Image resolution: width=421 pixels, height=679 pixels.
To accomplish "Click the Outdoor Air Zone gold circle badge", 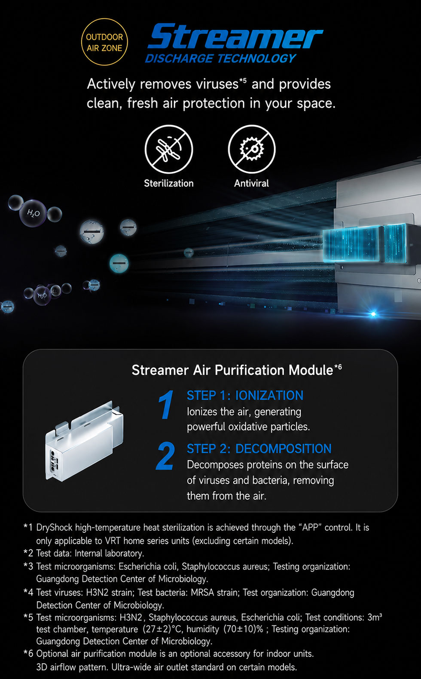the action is (x=104, y=42).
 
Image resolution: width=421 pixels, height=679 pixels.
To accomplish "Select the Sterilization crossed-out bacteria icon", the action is (x=169, y=149).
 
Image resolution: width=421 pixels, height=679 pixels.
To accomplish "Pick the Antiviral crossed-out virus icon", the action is (x=252, y=149).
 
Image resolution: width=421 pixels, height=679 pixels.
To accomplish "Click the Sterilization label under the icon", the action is (x=169, y=183).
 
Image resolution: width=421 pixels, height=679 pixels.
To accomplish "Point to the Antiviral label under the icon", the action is (x=251, y=183).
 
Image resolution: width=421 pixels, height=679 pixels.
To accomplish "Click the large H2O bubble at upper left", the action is (x=33, y=213).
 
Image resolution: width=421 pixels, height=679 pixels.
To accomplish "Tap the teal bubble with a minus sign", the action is (x=119, y=263).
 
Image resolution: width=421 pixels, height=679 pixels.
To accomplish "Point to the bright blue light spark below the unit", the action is (x=373, y=314).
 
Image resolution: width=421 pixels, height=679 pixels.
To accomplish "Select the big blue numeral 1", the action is (x=166, y=405).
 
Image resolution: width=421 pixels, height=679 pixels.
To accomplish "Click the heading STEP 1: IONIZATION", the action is (x=245, y=395).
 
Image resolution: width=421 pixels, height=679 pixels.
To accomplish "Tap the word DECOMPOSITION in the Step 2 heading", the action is (x=284, y=449).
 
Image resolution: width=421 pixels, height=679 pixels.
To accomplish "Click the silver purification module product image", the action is (x=85, y=441).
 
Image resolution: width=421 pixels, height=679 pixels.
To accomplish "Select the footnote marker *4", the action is (x=28, y=592).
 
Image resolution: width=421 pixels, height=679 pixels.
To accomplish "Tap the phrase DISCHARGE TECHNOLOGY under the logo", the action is (x=220, y=58).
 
